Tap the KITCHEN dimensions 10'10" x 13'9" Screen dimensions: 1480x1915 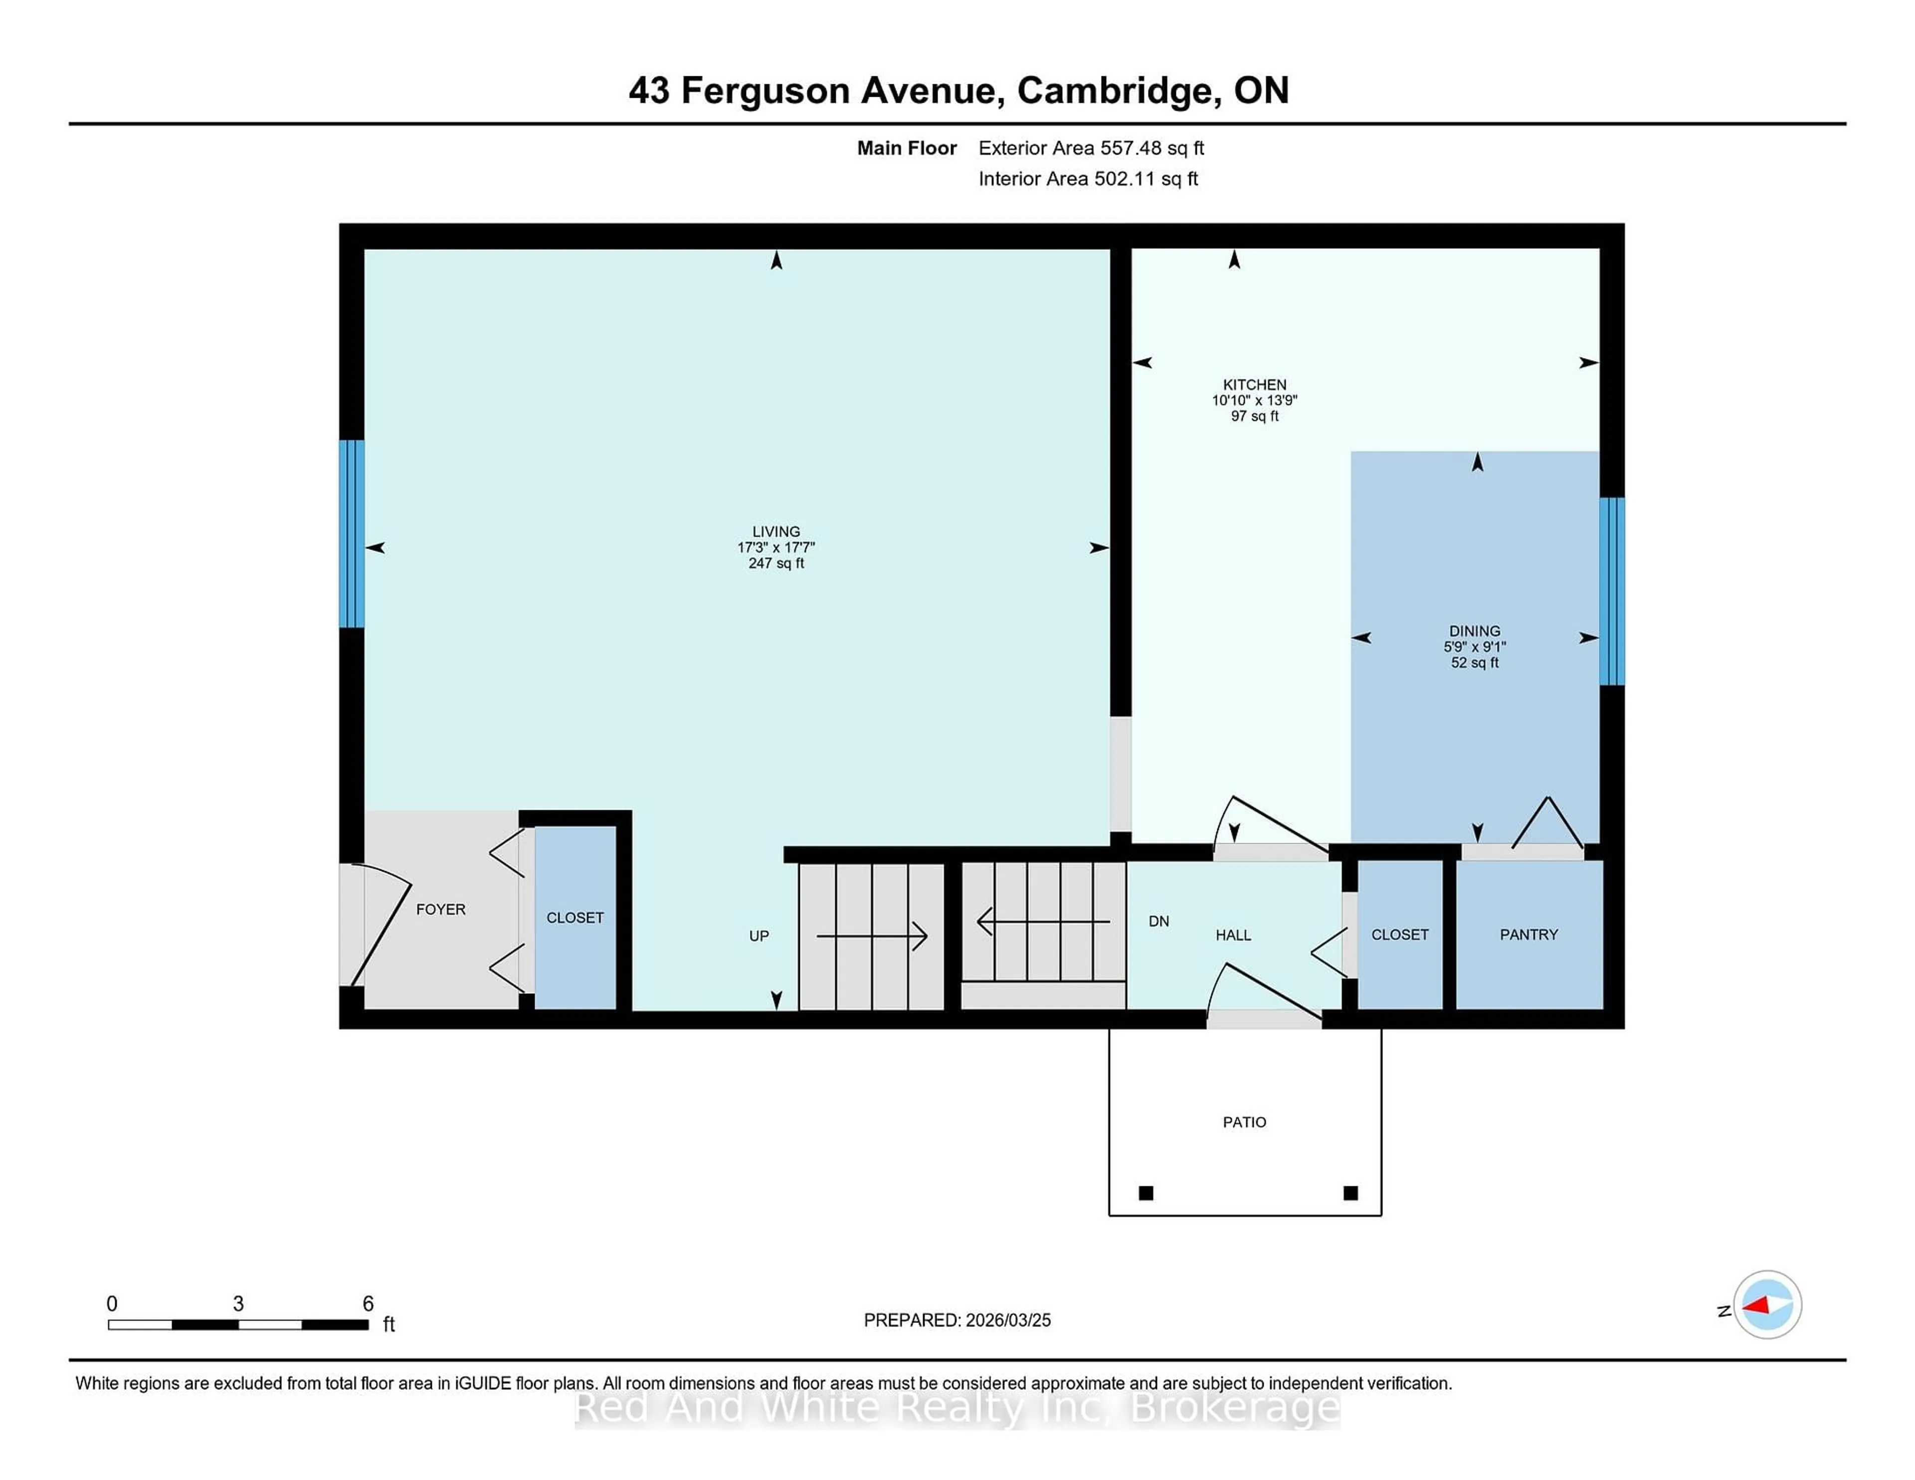1254,400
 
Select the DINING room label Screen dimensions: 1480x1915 1474,630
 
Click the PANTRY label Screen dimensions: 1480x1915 1529,934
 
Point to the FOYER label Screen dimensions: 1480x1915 440,909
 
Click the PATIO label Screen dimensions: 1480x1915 1244,1122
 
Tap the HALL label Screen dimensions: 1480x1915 1233,935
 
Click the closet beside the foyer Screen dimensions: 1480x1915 574,917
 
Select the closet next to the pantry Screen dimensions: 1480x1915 1399,934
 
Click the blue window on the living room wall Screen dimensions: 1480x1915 352,533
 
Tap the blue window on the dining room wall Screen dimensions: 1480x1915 1612,591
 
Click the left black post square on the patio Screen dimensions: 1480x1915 1145,1193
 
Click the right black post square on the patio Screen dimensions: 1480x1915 1350,1193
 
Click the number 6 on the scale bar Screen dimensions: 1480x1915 368,1304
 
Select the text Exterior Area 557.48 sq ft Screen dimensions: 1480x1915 1091,148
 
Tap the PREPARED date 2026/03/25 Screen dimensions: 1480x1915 1006,1320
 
